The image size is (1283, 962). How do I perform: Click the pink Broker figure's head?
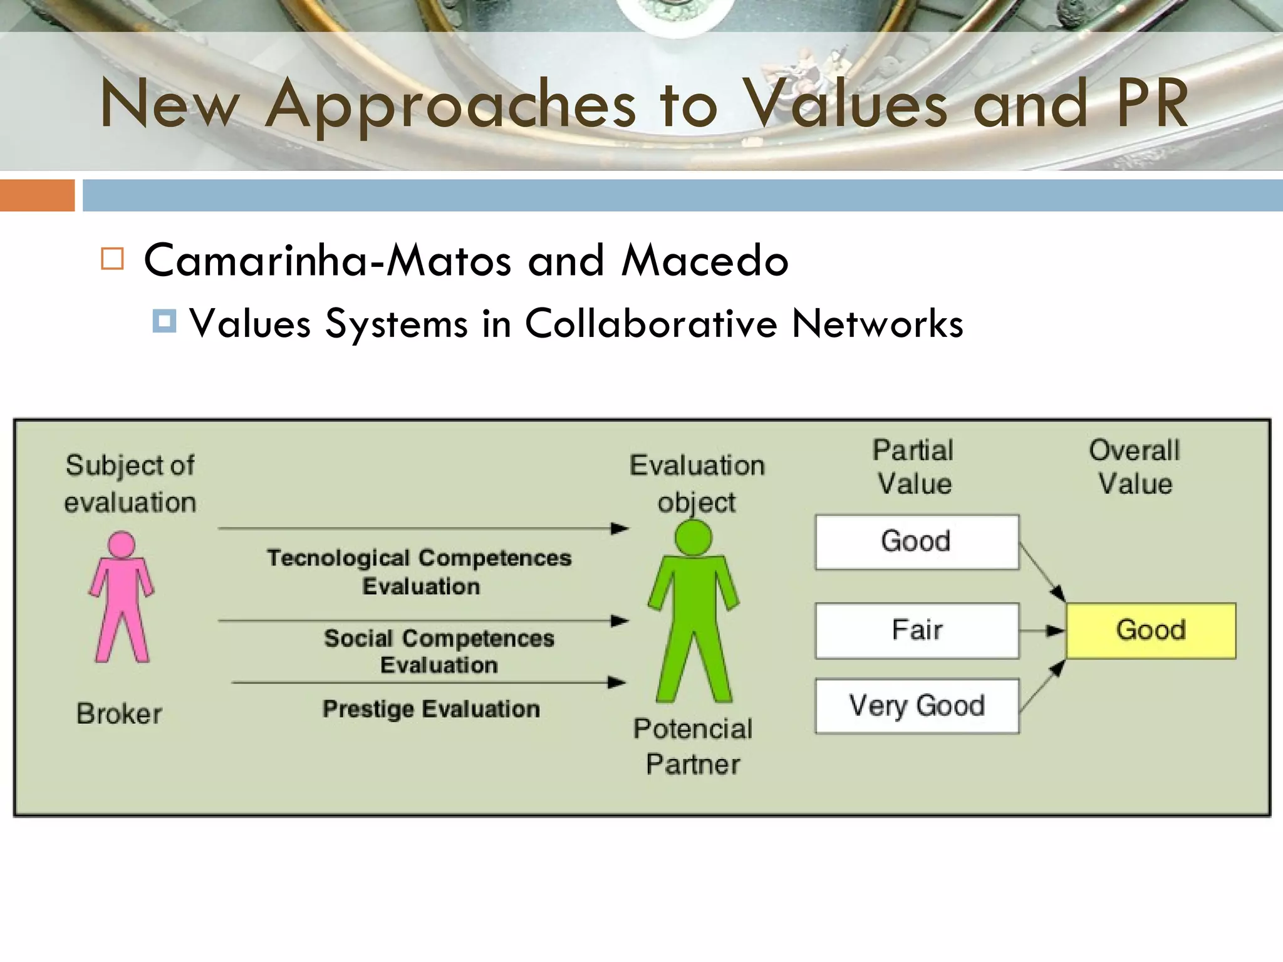(x=122, y=544)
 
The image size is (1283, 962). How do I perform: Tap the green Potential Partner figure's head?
(x=693, y=537)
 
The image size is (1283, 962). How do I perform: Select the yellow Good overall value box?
(x=1151, y=630)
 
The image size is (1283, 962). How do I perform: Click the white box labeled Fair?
(x=917, y=630)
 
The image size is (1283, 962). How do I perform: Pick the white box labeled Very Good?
(x=917, y=706)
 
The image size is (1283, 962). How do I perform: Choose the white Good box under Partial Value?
(x=917, y=542)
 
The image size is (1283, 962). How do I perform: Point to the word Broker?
(x=119, y=714)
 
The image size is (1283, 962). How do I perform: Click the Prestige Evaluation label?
(x=431, y=709)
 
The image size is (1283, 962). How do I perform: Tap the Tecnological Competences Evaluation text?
(x=420, y=572)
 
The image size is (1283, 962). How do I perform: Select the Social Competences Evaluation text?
(x=439, y=651)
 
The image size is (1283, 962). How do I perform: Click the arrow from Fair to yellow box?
(x=1042, y=631)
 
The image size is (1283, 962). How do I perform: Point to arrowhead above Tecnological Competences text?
(x=620, y=529)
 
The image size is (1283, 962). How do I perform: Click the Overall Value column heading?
(x=1135, y=467)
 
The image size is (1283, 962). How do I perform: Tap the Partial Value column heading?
(x=914, y=467)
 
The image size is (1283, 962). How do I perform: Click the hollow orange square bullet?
(x=112, y=259)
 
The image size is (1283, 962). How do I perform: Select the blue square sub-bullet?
(x=164, y=321)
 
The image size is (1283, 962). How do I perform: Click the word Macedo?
(x=705, y=261)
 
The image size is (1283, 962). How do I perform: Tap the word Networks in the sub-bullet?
(x=877, y=324)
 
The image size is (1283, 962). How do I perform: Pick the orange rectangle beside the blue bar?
(x=37, y=195)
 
